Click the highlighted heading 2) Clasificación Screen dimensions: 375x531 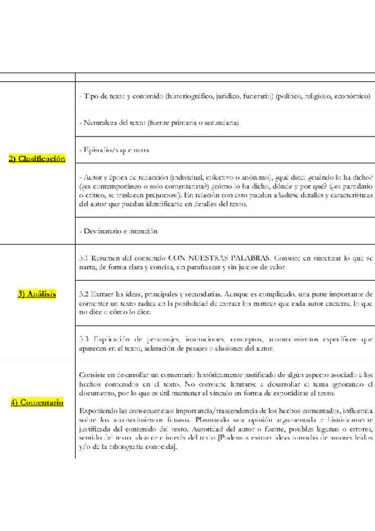tap(37, 160)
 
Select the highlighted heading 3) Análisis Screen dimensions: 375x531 tap(37, 293)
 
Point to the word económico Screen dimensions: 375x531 tap(349, 96)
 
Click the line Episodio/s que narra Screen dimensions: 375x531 tap(114, 150)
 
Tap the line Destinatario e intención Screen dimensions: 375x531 tap(118, 230)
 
